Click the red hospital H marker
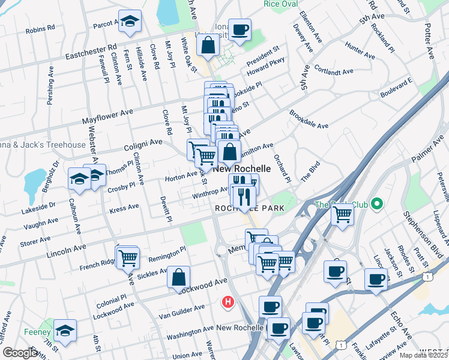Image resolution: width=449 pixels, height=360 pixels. pos(228,302)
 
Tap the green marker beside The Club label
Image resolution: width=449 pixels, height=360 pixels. pos(377,205)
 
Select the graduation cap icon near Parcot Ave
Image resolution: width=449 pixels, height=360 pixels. pos(129,22)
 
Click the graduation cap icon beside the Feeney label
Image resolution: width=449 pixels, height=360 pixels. pos(65,331)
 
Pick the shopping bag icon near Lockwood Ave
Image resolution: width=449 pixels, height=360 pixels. pos(179,277)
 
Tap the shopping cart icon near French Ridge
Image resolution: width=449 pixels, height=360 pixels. pos(128,257)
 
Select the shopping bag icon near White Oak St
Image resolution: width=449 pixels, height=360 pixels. pos(207,46)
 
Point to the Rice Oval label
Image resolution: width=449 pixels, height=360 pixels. pos(281,4)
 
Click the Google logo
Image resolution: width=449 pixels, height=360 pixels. pos(20,353)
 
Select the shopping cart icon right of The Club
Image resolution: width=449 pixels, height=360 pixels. pos(342,214)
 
